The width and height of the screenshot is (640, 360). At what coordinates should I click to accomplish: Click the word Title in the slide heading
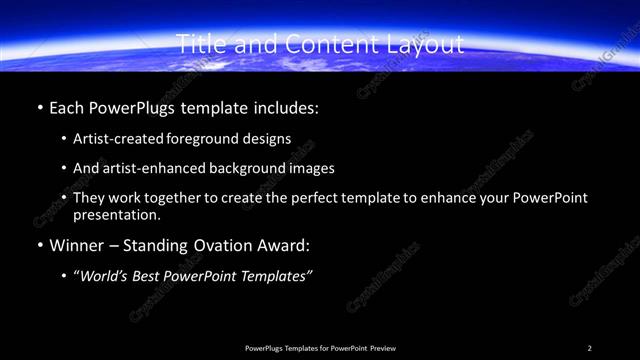[198, 44]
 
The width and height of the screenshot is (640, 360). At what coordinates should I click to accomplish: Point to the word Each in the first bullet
[66, 107]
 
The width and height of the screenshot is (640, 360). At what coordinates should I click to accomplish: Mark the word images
[311, 169]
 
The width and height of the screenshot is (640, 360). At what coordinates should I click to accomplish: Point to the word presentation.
[116, 215]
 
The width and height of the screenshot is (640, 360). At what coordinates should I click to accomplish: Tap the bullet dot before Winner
[38, 246]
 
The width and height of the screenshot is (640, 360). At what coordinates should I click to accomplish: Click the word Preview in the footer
[383, 348]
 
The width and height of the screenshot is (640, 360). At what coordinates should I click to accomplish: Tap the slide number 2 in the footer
[590, 348]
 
